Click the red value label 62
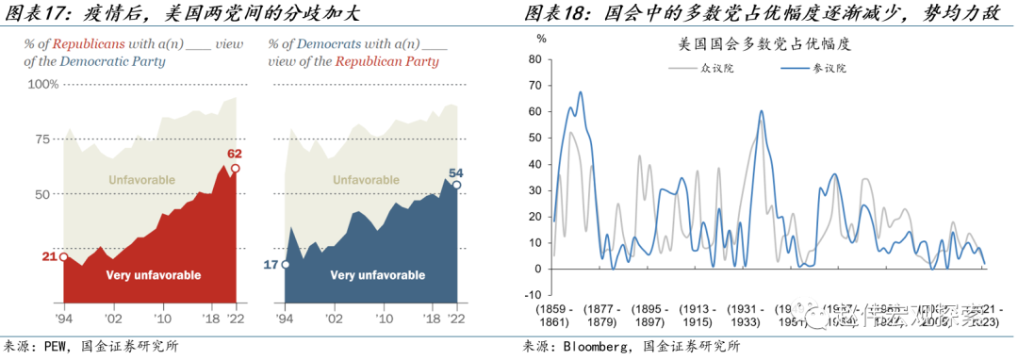pos(235,153)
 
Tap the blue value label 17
pos(271,265)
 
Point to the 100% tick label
pos(42,85)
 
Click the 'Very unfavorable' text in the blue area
pos(377,275)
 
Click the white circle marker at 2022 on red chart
pos(235,169)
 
